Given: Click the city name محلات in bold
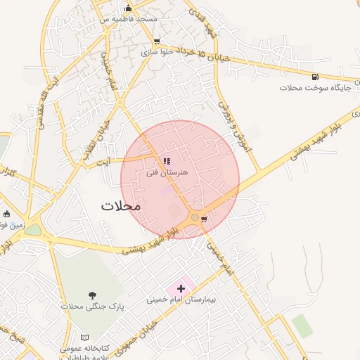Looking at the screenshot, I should point(121,206).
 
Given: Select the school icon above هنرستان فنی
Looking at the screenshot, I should point(167,162).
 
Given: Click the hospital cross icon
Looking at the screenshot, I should point(181,288).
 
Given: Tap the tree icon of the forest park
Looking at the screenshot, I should point(92,296).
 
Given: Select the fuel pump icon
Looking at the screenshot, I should point(314,77).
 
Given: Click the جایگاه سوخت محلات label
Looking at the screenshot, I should point(310,88).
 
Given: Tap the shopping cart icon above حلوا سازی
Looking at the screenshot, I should point(156,41).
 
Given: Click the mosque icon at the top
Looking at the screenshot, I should point(127,8).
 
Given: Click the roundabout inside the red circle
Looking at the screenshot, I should point(195,218).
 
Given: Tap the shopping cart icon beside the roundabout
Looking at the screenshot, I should point(204,219).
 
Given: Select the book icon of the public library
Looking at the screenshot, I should point(85,337).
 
